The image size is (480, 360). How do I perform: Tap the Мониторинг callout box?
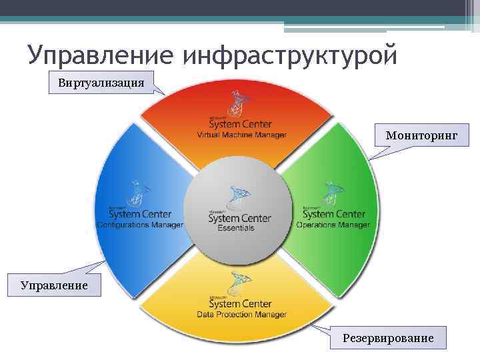pos(421,135)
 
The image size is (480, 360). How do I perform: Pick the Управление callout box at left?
pos(54,285)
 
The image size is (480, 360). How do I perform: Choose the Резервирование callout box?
pos(388,338)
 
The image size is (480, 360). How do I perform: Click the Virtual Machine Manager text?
pos(241,135)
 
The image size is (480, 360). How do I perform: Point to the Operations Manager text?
pos(333,225)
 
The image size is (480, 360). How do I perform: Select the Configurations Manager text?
pos(140,225)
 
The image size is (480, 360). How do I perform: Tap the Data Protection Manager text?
pos(241,315)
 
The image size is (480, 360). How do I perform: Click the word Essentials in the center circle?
pos(236,228)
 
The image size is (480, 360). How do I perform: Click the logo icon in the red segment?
pos(239,103)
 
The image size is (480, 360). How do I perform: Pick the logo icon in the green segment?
pos(331,194)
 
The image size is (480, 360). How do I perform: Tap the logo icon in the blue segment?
pos(138,193)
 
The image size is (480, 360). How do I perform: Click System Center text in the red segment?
pos(241,124)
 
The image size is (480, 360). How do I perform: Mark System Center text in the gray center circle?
pos(239,217)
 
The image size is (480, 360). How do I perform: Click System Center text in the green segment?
pos(333,214)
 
